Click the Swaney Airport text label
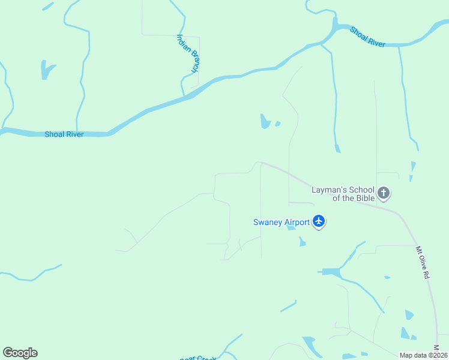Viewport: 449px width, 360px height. [x=281, y=222]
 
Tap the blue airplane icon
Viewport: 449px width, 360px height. [x=319, y=222]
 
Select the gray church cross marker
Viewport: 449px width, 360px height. [x=384, y=194]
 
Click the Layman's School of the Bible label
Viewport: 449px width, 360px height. [x=343, y=194]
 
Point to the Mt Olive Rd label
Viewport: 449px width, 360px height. [x=422, y=262]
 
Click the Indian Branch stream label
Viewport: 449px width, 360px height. [x=187, y=53]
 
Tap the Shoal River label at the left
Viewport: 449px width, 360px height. [x=64, y=134]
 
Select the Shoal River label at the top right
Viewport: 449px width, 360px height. [x=367, y=35]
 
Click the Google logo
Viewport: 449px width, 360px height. [x=20, y=353]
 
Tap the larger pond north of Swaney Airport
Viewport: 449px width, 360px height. [x=265, y=121]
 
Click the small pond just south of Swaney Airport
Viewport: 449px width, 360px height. [x=302, y=242]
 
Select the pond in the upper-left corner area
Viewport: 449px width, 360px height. [x=47, y=70]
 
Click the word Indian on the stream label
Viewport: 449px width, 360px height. [x=182, y=43]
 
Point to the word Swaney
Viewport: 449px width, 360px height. [x=266, y=222]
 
